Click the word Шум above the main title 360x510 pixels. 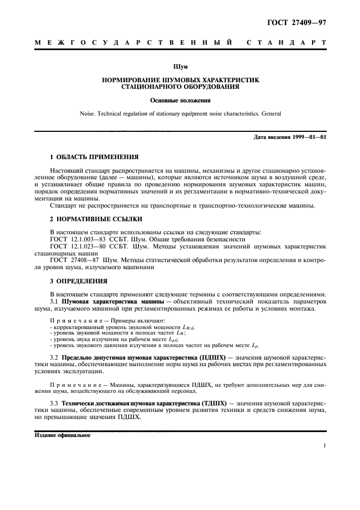[180, 67]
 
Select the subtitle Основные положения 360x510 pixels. [180, 100]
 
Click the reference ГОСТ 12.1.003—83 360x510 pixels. [74, 239]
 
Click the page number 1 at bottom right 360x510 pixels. [324, 446]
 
